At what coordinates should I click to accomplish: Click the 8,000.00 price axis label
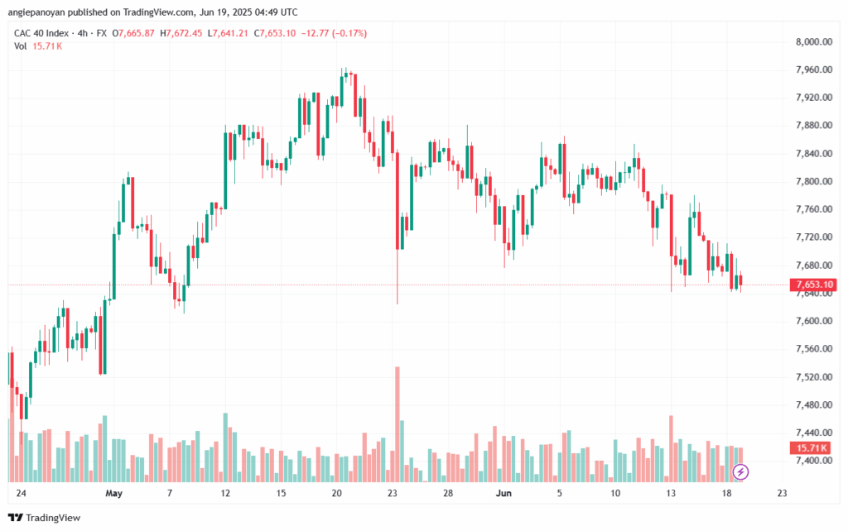click(x=814, y=41)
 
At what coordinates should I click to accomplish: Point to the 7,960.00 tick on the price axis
click(x=814, y=69)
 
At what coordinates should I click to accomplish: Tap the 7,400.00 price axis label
click(x=814, y=460)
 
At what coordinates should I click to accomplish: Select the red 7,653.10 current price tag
click(x=813, y=285)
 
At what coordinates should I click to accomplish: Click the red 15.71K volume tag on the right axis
click(x=810, y=447)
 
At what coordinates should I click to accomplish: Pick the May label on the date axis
click(x=114, y=493)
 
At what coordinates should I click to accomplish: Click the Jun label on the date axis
click(x=503, y=493)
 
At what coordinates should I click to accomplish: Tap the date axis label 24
click(x=21, y=493)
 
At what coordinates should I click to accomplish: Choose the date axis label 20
click(x=336, y=493)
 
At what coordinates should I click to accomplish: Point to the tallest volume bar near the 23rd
click(x=397, y=424)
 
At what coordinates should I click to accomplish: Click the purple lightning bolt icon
click(x=740, y=472)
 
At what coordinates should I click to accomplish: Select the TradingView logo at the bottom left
click(x=45, y=518)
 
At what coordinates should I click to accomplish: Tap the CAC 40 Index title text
click(x=41, y=33)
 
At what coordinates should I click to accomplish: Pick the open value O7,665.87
click(x=133, y=33)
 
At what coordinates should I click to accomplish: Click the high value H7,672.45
click(x=181, y=33)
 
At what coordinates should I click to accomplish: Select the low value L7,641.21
click(x=228, y=33)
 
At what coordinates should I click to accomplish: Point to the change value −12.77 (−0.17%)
click(x=334, y=33)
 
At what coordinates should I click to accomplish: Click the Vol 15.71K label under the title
click(x=38, y=46)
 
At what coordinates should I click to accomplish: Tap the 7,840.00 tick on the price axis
click(x=814, y=153)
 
